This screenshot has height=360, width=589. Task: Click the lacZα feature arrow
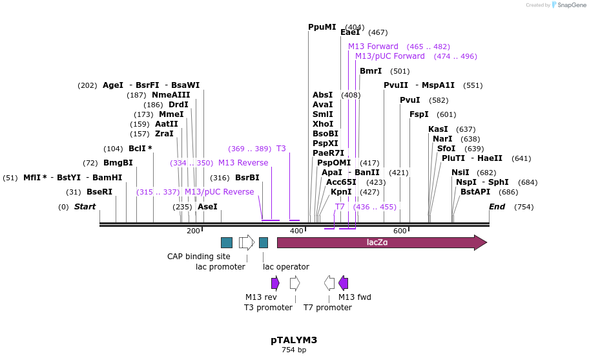(381, 242)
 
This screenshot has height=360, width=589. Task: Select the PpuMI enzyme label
(322, 27)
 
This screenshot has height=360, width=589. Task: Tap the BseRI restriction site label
(99, 192)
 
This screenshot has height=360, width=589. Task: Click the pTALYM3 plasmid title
(294, 340)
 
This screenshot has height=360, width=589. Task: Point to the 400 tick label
(296, 231)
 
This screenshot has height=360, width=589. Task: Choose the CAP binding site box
(227, 242)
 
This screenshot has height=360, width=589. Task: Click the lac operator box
(263, 242)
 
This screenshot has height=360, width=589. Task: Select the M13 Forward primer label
(373, 47)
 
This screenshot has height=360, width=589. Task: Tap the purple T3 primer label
(281, 149)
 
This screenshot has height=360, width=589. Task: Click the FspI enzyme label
(419, 114)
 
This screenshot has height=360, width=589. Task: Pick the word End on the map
(497, 207)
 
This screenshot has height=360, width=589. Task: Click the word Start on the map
(85, 207)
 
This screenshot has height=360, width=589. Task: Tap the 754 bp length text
(294, 350)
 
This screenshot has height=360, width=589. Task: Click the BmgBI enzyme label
(118, 163)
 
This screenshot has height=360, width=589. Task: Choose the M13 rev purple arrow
(275, 283)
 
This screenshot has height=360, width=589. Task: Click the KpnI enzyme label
(341, 192)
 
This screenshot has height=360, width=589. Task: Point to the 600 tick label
(400, 231)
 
